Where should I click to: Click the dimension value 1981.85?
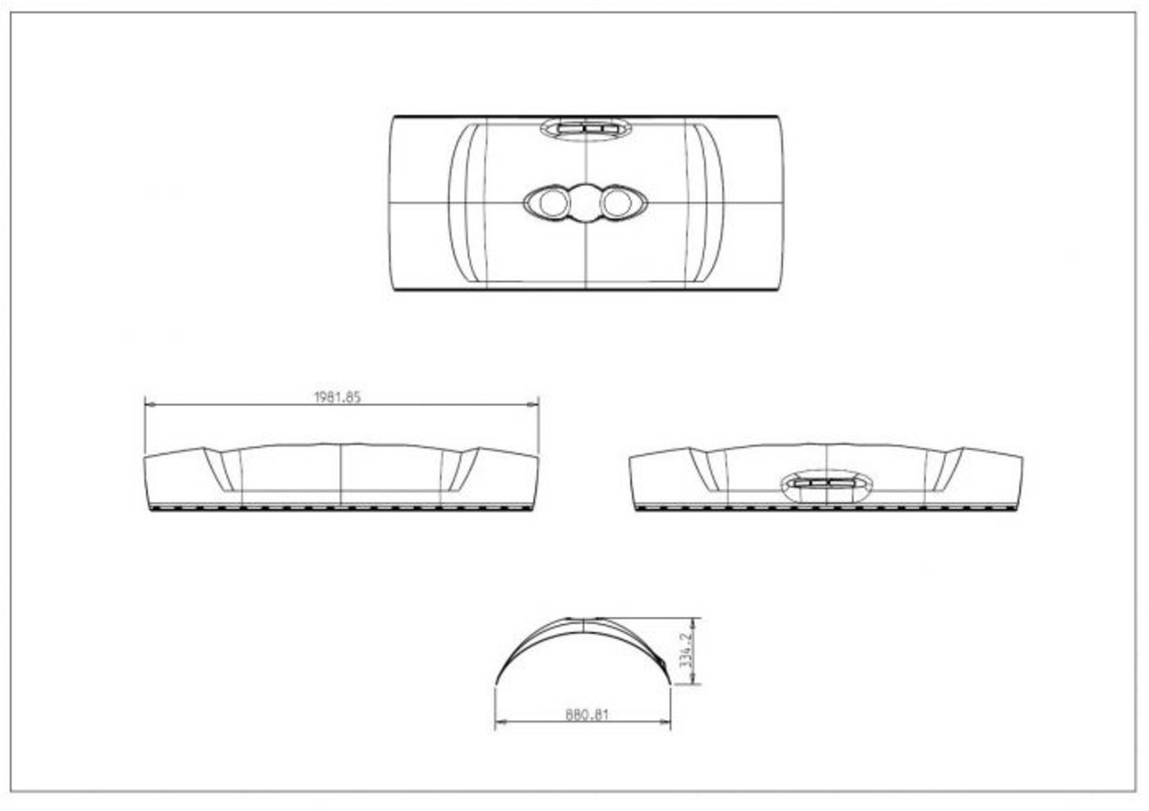coord(337,397)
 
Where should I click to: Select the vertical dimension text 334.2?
coord(686,651)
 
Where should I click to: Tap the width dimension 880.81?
coord(587,715)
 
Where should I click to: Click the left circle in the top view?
coord(554,204)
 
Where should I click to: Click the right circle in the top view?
coord(617,203)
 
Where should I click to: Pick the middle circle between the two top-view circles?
coord(585,203)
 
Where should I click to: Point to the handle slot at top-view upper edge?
coord(585,128)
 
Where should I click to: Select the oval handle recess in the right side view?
coord(827,484)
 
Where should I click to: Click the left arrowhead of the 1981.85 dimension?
coord(149,405)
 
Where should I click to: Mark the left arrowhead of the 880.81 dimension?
coord(499,722)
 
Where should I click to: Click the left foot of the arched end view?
coord(496,685)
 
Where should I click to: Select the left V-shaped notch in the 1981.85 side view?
coord(221,469)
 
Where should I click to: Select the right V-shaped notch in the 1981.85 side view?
coord(461,469)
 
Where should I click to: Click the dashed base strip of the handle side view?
coord(826,508)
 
